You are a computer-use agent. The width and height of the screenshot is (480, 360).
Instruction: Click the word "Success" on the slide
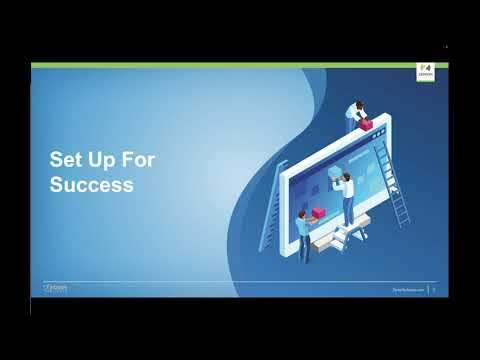coord(92,185)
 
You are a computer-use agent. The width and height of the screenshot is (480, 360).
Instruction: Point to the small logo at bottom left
coord(56,287)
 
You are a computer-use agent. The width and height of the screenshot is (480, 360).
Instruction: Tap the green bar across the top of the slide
coord(240,65)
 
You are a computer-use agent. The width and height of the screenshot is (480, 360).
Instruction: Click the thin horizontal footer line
coord(240,281)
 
